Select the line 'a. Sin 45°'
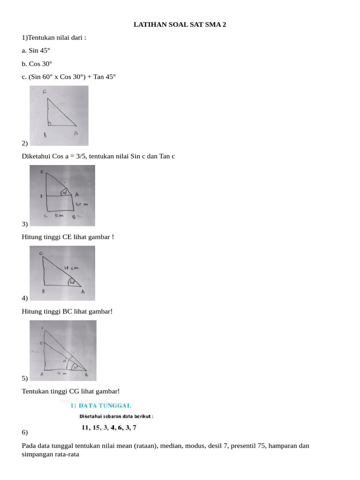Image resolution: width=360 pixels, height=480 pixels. pos(36,50)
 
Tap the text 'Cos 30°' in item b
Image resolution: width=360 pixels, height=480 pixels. pos(41,63)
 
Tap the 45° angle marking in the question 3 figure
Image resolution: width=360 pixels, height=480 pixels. pos(64,192)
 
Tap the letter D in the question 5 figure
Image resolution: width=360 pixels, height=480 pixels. pos(41,344)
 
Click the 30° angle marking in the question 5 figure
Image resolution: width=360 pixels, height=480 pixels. pos(81,367)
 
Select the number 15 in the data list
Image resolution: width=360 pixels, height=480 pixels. pos(97,427)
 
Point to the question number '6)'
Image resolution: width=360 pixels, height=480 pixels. pos(25,431)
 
